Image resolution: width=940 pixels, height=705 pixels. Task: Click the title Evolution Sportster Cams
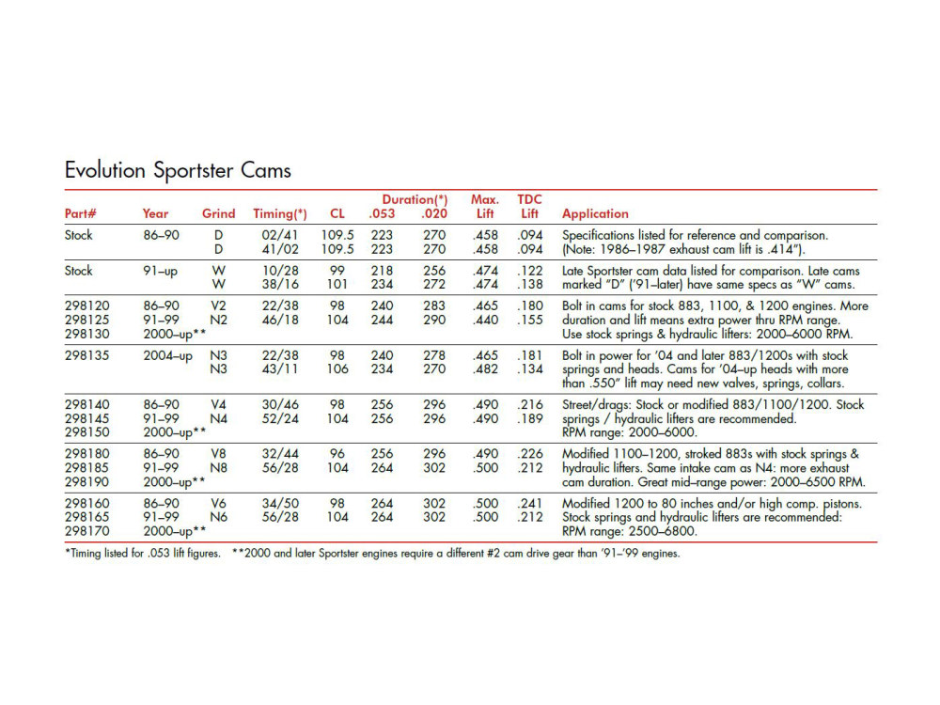(x=178, y=170)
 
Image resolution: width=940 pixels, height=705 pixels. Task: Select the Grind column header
(x=218, y=213)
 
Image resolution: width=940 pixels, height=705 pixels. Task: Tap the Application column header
(x=595, y=213)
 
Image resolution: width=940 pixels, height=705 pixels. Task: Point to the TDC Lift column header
(x=530, y=207)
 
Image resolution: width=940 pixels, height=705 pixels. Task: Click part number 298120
(x=86, y=306)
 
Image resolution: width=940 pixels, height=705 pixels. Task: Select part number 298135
(x=86, y=355)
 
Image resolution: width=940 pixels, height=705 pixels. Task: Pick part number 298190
(x=86, y=482)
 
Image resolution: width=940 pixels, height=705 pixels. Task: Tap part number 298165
(x=86, y=517)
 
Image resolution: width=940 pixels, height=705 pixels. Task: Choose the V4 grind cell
(x=218, y=404)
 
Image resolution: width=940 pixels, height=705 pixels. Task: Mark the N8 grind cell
(x=218, y=468)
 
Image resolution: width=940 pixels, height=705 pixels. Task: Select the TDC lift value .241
(x=530, y=503)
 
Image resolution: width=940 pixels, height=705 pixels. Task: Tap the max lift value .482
(x=485, y=369)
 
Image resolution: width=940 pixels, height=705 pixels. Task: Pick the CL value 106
(x=337, y=369)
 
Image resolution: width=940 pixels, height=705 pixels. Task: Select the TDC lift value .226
(x=530, y=454)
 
